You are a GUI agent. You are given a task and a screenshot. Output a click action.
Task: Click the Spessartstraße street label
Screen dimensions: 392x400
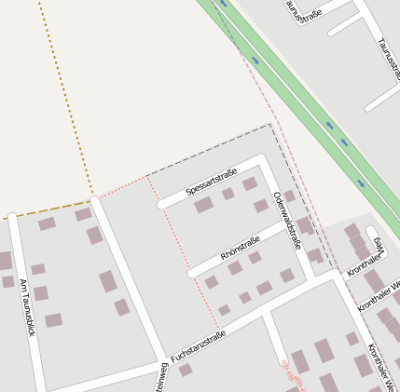212,182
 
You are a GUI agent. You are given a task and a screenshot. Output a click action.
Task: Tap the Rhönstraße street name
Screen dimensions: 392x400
240,249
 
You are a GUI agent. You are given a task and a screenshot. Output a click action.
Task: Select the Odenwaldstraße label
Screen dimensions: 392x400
287,221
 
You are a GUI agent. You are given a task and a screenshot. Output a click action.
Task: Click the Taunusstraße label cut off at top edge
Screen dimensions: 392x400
304,10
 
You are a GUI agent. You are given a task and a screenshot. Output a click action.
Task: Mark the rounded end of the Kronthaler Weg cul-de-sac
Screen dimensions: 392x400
372,231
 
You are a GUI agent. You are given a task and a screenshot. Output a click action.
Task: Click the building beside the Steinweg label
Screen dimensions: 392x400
186,370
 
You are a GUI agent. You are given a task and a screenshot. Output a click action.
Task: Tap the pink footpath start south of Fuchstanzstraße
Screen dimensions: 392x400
284,362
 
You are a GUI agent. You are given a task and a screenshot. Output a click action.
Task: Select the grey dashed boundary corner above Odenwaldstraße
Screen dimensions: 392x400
270,125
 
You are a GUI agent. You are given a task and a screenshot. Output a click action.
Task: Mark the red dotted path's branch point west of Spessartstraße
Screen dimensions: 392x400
147,176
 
